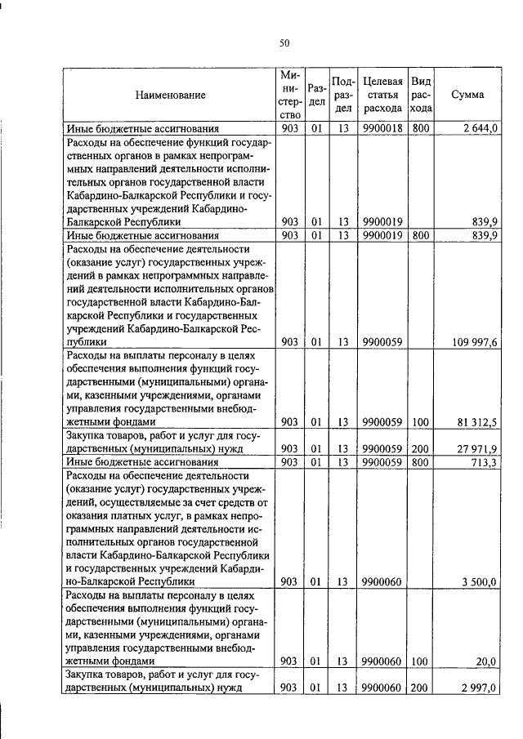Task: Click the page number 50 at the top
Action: (284, 43)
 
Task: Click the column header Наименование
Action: (171, 96)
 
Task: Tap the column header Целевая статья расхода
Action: (382, 95)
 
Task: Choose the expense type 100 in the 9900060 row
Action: (421, 661)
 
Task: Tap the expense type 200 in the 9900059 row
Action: (421, 448)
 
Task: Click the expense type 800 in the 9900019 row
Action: (421, 235)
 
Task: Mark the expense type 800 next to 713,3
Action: (421, 462)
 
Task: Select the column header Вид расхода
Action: (421, 95)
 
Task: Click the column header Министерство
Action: (289, 95)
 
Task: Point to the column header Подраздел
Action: (344, 95)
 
